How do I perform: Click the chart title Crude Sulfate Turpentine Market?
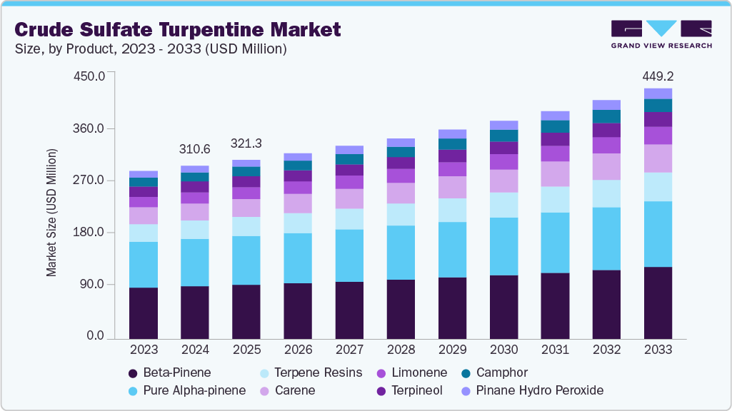pyautogui.click(x=178, y=29)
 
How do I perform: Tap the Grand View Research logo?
pyautogui.click(x=661, y=34)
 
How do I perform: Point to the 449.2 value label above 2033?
pyautogui.click(x=657, y=76)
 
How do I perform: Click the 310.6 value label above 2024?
pyautogui.click(x=194, y=149)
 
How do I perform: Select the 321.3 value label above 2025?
pyautogui.click(x=246, y=143)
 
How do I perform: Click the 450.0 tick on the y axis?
pyautogui.click(x=90, y=76)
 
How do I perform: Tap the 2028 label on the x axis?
pyautogui.click(x=400, y=350)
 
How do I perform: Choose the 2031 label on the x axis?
pyautogui.click(x=554, y=350)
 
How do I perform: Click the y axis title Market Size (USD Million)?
pyautogui.click(x=51, y=213)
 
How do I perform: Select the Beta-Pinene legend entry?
pyautogui.click(x=169, y=372)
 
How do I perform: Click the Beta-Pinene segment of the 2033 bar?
pyautogui.click(x=657, y=303)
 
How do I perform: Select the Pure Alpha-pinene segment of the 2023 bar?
pyautogui.click(x=143, y=265)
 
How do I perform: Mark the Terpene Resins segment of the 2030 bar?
pyautogui.click(x=503, y=205)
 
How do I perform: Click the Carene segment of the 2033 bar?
pyautogui.click(x=657, y=158)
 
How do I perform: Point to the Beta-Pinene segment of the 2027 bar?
pyautogui.click(x=349, y=310)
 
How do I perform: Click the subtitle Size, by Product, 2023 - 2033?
pyautogui.click(x=151, y=49)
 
